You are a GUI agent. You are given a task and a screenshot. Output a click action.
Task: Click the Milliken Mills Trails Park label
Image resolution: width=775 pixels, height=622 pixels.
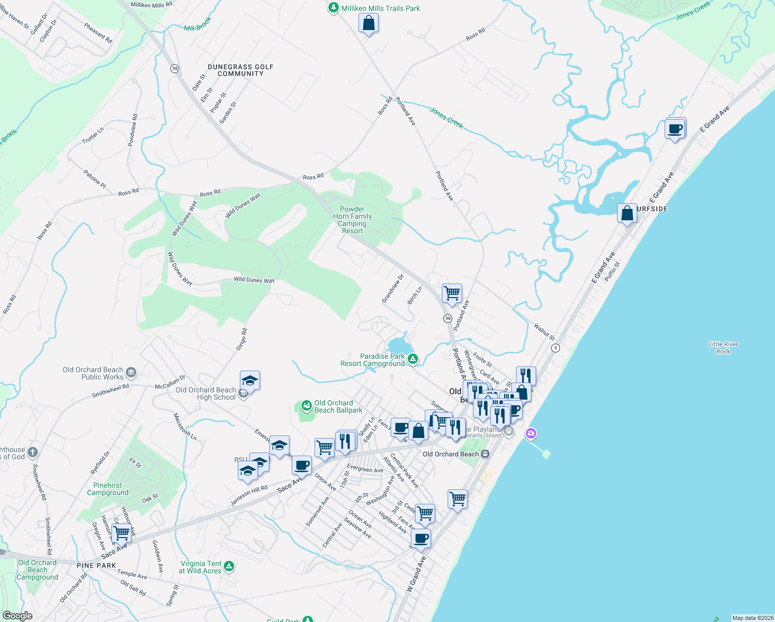point(380,8)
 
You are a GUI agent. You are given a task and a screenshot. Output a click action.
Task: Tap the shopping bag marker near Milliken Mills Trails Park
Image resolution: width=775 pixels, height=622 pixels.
point(368,23)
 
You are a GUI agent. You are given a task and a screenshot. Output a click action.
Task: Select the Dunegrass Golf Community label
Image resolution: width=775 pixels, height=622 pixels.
point(240,70)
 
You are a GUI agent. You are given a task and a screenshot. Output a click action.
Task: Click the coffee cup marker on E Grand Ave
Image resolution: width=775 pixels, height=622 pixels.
point(675,128)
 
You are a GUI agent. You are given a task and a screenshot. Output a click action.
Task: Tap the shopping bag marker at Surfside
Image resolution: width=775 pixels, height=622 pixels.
point(627,213)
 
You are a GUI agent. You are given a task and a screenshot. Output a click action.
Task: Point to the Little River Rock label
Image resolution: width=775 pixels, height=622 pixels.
point(723,348)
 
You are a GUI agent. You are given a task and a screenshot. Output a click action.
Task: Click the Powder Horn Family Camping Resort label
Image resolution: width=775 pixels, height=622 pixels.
point(352,220)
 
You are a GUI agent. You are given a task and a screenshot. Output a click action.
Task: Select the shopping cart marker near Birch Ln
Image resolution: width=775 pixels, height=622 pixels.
point(452,293)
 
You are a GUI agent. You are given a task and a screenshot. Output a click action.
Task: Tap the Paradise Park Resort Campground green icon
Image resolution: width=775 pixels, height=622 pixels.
point(413,359)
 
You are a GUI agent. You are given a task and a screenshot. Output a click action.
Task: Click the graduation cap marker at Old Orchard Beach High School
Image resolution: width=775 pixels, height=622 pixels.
point(250,381)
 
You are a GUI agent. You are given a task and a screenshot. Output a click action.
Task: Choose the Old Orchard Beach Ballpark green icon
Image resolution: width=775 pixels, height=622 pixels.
point(306,405)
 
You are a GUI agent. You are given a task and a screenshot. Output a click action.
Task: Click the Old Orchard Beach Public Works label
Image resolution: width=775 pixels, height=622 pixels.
point(93,373)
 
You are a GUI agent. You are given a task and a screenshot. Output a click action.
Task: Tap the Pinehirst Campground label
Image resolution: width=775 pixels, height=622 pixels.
point(108,489)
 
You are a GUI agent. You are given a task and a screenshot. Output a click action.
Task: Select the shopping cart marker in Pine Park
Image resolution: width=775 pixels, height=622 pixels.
point(122,532)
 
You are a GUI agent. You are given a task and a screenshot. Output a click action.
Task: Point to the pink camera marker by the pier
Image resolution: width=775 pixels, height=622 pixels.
point(530,433)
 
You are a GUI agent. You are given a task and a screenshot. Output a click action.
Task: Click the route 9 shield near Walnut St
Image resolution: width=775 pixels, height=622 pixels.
point(555,348)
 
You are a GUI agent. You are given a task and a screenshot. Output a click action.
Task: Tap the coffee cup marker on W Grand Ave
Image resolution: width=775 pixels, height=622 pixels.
point(421,539)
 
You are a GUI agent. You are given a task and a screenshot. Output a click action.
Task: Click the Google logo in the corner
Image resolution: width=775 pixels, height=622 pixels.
point(17,616)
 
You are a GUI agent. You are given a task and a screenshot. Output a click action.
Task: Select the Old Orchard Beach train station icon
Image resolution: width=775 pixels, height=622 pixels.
point(485,454)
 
